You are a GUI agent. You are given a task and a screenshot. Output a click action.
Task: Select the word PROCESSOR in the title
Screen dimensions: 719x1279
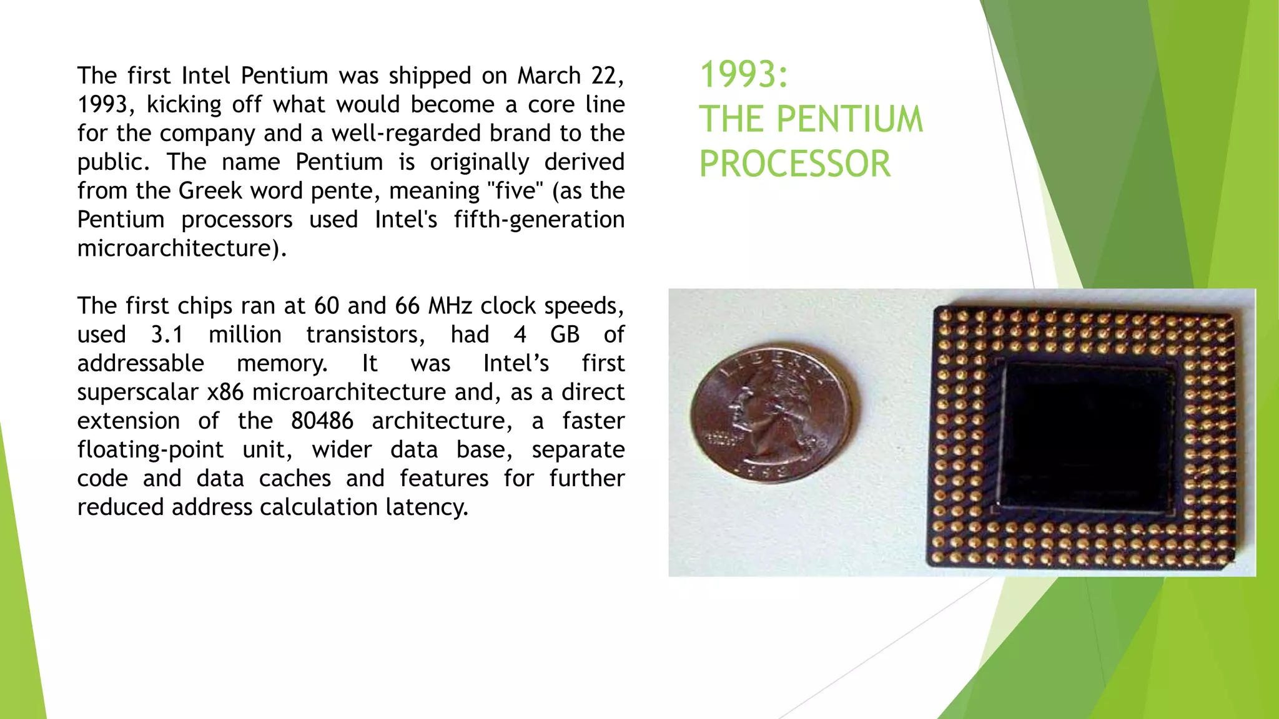click(x=794, y=164)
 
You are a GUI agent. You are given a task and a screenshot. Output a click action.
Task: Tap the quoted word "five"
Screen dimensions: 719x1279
click(x=516, y=190)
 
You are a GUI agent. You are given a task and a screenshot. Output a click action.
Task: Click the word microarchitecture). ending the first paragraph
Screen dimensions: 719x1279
click(x=182, y=248)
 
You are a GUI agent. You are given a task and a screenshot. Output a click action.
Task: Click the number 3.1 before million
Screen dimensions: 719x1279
click(x=167, y=335)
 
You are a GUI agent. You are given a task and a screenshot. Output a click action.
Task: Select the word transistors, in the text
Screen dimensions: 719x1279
click(x=365, y=335)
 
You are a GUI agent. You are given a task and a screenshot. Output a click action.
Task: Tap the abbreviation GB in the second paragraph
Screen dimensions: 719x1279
click(x=565, y=335)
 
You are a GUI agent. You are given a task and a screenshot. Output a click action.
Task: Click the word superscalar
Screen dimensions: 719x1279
click(x=137, y=393)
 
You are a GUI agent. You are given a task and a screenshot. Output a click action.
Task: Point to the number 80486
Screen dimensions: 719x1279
click(x=322, y=421)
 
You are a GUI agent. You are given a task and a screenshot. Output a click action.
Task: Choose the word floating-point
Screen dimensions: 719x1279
click(x=150, y=449)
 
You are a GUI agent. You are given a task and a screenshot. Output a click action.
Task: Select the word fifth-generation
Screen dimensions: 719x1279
click(x=539, y=220)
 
